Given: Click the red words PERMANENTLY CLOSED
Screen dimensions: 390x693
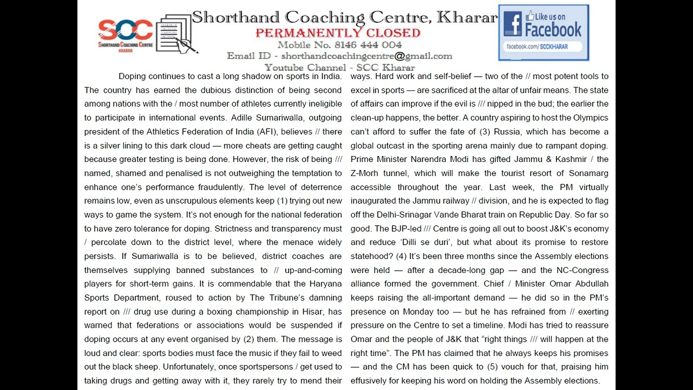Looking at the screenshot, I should click(x=338, y=33).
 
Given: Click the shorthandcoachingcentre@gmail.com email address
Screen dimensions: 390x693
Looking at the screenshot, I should click(x=367, y=56).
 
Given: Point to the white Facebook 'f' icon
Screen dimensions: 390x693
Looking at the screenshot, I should click(x=512, y=24).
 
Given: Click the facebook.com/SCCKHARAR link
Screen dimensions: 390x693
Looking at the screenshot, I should click(x=537, y=47).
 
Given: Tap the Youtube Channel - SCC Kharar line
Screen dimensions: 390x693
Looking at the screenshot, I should click(x=339, y=68).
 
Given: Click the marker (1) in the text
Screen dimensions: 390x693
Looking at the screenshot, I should click(x=283, y=201).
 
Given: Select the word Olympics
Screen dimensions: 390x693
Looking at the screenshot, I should click(x=590, y=118).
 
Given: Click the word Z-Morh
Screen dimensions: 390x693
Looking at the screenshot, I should click(x=364, y=173).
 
